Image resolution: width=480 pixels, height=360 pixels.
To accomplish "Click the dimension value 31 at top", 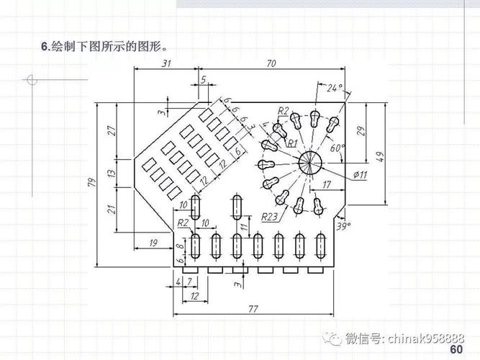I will (166, 63).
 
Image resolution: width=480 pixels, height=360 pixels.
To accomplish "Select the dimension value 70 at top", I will (271, 63).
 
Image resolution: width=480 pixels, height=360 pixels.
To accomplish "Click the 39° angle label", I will (344, 226).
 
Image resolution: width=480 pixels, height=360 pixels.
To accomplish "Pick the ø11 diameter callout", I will (361, 174).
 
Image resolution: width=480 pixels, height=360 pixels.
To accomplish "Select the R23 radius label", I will (270, 216).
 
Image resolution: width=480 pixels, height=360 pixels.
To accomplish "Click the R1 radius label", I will (292, 143).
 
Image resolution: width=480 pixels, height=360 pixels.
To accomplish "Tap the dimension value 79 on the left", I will (91, 183).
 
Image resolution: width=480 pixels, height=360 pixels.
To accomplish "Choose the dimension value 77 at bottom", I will (253, 309).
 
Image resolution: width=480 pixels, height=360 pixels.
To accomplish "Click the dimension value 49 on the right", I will (379, 156).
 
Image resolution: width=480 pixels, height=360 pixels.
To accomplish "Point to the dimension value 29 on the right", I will (361, 131).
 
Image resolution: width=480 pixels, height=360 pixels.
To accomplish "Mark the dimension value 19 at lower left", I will (153, 243).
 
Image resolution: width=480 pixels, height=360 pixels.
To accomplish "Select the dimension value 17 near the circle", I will (327, 185).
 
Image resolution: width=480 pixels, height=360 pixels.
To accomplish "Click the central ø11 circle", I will (311, 162).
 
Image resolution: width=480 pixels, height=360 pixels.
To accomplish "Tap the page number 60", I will (456, 350).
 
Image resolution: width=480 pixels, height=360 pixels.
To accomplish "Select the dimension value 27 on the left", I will (112, 130).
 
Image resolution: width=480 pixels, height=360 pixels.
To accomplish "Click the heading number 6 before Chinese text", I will (44, 48).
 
